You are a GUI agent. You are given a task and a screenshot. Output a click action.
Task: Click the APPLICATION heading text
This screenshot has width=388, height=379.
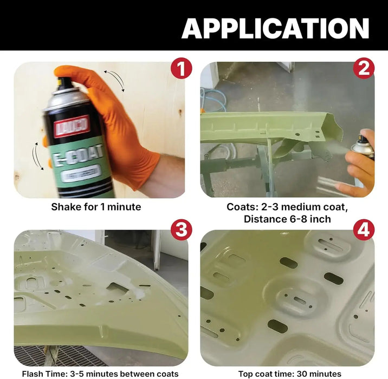(275, 28)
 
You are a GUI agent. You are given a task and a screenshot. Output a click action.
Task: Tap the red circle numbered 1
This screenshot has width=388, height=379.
(182, 69)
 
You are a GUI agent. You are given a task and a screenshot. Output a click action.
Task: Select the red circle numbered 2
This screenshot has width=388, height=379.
(364, 69)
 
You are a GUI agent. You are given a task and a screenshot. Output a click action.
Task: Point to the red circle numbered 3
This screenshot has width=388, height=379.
(182, 230)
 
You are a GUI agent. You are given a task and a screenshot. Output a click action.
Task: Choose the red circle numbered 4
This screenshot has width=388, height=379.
(364, 230)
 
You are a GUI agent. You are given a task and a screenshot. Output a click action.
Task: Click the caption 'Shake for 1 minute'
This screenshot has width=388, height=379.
(96, 206)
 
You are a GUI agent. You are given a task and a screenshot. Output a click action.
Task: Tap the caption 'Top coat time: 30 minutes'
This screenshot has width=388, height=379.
(290, 373)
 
